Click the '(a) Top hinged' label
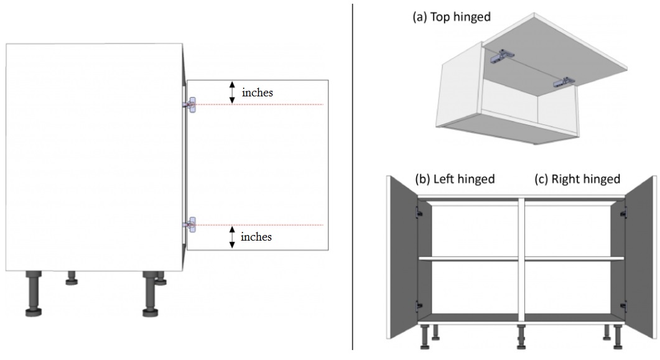tap(452, 17)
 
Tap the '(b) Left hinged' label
tap(455, 179)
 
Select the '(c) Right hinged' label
tap(577, 179)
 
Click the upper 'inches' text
tap(258, 93)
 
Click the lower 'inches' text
tap(256, 237)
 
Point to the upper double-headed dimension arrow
tap(233, 92)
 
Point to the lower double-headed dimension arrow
tap(233, 237)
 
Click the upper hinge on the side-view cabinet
tap(191, 104)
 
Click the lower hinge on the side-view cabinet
tap(191, 224)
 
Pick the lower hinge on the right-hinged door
tap(623, 305)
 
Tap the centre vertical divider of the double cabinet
tap(521, 261)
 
